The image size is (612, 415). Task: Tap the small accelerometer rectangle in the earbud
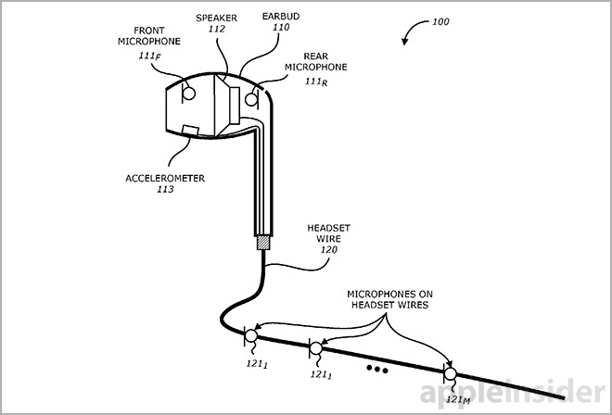190,130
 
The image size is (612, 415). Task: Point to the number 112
218,29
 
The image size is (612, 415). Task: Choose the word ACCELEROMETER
168,177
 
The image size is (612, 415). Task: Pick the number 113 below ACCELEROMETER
166,190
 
